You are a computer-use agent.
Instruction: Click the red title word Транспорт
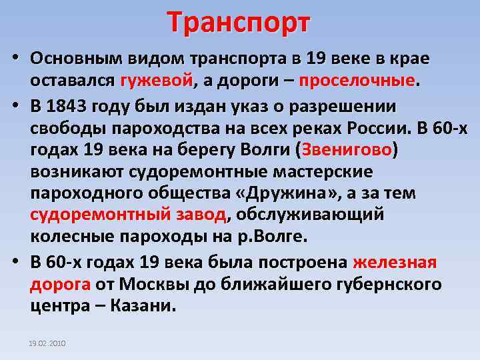point(239,22)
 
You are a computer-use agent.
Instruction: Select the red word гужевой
point(156,81)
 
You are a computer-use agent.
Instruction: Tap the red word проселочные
point(357,81)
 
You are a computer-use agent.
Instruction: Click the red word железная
point(395,262)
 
